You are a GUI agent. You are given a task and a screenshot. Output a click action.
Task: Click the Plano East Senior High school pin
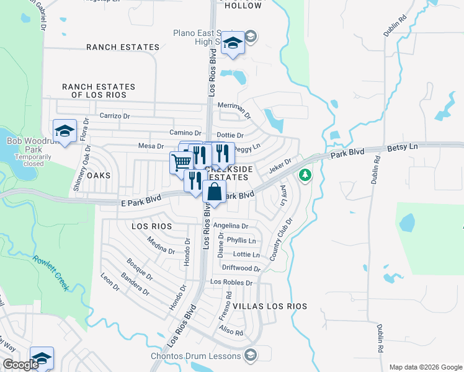[233, 43]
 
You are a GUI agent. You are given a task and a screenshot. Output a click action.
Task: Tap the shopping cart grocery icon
[181, 163]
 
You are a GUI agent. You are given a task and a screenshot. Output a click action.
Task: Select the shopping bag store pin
[214, 192]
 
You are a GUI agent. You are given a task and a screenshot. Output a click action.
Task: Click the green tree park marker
[305, 175]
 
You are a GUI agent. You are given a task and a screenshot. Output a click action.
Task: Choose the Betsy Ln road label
[403, 146]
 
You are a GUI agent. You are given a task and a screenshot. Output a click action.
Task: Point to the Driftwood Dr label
[242, 268]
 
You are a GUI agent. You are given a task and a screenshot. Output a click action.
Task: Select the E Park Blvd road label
[140, 198]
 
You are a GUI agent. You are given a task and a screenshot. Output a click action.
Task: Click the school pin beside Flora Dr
[65, 131]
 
